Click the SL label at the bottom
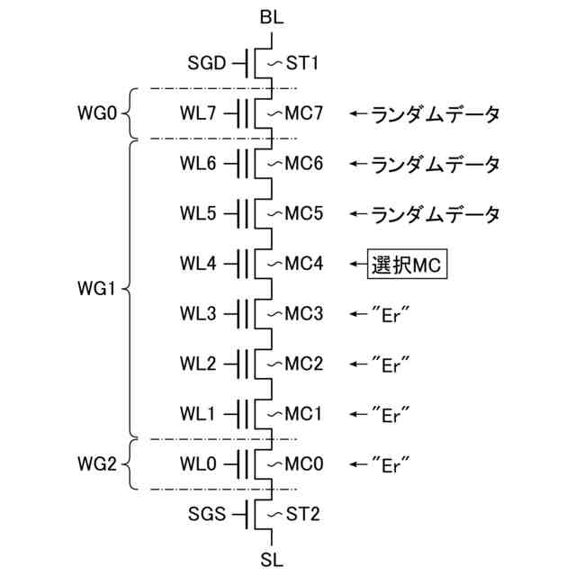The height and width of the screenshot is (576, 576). [x=272, y=559]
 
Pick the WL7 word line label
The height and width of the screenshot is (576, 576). [x=200, y=114]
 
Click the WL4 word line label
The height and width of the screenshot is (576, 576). [x=200, y=265]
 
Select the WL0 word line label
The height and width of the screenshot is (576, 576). [x=200, y=464]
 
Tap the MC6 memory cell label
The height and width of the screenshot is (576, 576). [x=304, y=165]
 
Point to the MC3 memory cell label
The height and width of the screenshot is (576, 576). [x=304, y=315]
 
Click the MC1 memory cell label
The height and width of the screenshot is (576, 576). [x=304, y=415]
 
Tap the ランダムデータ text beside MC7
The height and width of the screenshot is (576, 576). [x=436, y=114]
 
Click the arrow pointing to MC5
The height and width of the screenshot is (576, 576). [x=358, y=215]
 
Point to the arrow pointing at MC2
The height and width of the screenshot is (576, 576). [x=358, y=364]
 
